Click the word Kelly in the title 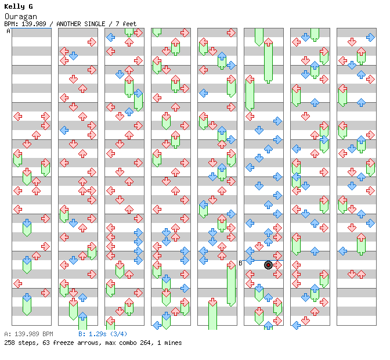point(14,6)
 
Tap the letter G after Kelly point(30,6)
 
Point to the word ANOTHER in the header point(70,24)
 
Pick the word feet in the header point(129,24)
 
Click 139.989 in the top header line point(34,24)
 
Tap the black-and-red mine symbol point(268,265)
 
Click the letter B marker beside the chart point(240,263)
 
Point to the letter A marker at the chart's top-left point(8,31)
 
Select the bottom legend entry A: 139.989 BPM point(28,334)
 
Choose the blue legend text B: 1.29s point(93,334)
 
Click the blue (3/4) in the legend point(119,334)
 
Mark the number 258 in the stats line point(9,343)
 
